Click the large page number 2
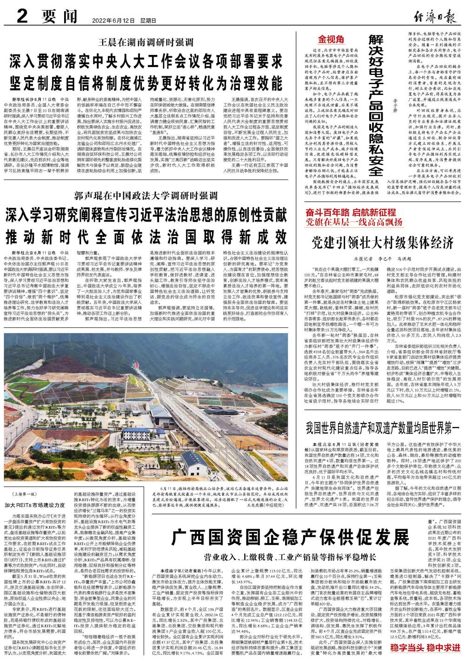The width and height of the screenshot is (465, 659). [x=21, y=17]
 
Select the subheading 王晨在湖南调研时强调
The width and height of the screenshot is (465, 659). [x=146, y=43]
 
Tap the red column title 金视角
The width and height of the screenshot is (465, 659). [x=331, y=39]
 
